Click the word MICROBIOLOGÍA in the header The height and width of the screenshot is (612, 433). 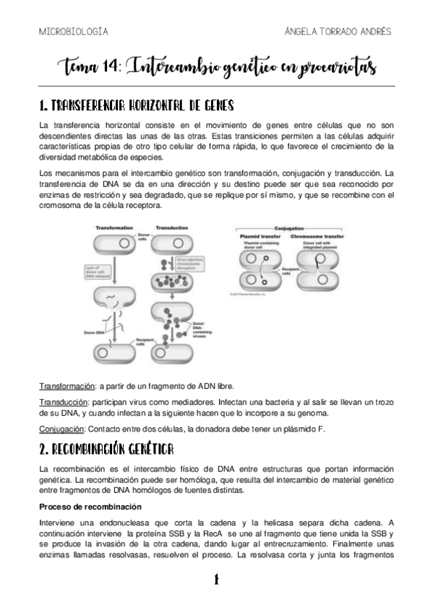[73, 32]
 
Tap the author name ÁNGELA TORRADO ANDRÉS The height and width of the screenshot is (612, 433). [339, 32]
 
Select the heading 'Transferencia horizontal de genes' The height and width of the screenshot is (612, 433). [136, 106]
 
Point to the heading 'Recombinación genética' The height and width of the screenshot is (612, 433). [106, 450]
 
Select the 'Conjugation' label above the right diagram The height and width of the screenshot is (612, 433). [311, 227]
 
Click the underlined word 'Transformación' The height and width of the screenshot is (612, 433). [67, 387]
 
